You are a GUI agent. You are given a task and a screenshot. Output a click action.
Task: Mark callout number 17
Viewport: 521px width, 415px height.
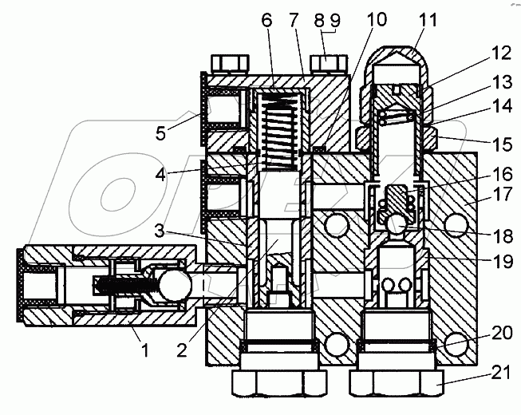click(x=501, y=194)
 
